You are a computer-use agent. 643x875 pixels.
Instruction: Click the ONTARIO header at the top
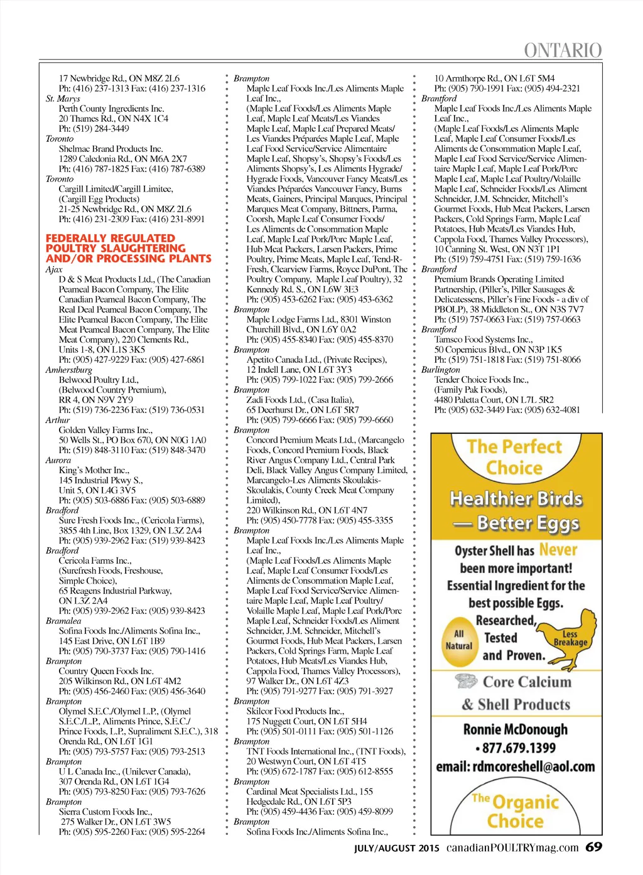[563, 50]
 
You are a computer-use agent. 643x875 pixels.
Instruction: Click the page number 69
[593, 847]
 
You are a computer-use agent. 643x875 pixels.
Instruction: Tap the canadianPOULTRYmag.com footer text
[512, 847]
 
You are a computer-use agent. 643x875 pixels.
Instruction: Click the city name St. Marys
[63, 99]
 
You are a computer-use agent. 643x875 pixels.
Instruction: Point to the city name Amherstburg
[69, 370]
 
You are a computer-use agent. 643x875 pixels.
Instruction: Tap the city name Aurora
[58, 460]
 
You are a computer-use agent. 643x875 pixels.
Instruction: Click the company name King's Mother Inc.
[94, 470]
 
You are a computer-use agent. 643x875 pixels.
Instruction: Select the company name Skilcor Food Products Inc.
[295, 711]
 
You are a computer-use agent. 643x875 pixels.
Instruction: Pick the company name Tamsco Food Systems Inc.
[484, 340]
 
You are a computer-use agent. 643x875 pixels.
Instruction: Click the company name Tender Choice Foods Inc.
[482, 380]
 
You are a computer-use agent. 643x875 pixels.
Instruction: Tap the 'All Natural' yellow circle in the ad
[459, 640]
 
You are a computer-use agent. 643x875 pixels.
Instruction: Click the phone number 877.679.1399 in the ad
[516, 748]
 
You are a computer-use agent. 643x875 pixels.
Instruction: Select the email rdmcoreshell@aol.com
[516, 766]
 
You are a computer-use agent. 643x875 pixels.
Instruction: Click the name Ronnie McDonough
[516, 729]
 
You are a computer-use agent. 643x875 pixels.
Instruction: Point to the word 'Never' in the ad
[558, 550]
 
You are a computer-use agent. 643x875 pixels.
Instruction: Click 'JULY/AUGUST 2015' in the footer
[397, 848]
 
